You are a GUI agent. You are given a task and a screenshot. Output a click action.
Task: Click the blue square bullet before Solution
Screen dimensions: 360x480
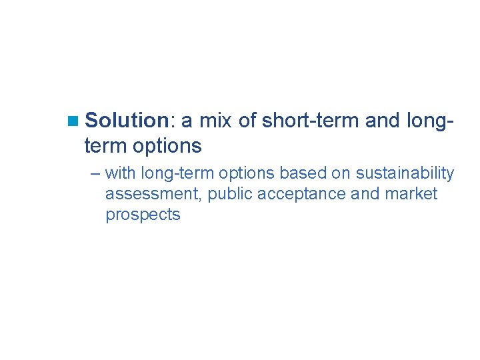(x=73, y=121)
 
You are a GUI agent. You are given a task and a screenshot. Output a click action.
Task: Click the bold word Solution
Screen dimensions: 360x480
(x=129, y=121)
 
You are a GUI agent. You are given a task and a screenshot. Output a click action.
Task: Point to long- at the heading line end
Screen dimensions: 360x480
(x=430, y=121)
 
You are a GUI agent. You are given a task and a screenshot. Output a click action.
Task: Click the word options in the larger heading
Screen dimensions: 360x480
(x=167, y=145)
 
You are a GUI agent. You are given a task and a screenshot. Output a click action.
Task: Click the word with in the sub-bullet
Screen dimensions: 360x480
(x=121, y=173)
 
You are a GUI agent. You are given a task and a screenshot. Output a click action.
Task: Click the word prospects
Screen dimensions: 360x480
(x=143, y=215)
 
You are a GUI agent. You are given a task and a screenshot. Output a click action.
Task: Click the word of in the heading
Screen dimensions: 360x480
(x=246, y=121)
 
